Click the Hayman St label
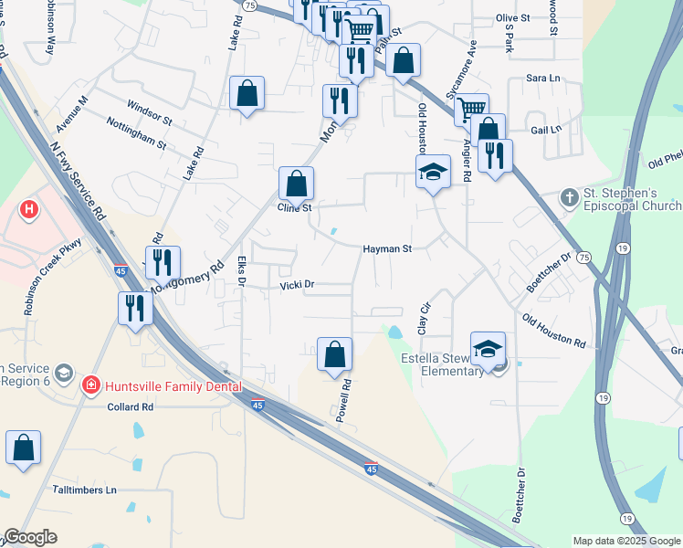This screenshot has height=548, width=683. click(388, 248)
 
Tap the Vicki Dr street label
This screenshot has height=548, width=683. click(297, 285)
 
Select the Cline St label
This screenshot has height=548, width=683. click(295, 208)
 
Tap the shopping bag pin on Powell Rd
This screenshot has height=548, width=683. click(335, 353)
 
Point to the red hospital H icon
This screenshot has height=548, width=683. click(30, 210)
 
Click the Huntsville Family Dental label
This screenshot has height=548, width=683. click(173, 386)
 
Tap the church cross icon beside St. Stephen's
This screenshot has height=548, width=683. click(568, 196)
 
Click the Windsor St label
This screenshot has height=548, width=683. click(151, 111)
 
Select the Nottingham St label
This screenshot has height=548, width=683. click(136, 132)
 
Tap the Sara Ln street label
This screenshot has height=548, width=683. click(543, 78)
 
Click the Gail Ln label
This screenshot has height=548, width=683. click(546, 130)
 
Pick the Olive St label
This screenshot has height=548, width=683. click(512, 17)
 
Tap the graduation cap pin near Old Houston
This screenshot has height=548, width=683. click(433, 171)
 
